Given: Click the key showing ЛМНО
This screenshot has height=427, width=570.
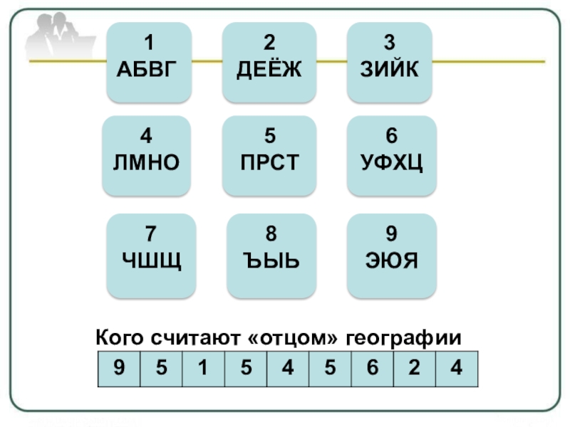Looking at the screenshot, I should [x=146, y=156].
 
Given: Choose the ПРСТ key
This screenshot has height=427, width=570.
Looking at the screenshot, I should [x=269, y=156].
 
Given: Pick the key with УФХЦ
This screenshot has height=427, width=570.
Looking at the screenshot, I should [x=390, y=156].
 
